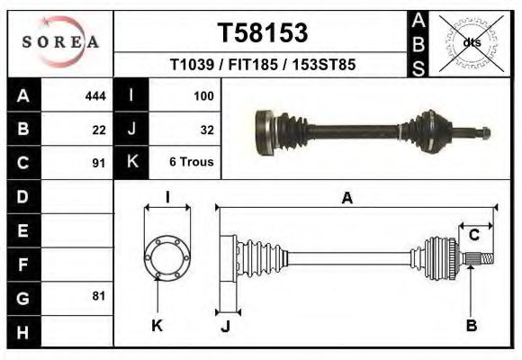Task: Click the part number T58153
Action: click(263, 33)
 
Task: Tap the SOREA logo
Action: click(59, 41)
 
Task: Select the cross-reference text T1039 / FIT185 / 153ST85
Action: click(263, 66)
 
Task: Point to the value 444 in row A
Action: click(95, 95)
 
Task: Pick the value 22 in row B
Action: click(99, 130)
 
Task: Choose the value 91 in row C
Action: click(99, 164)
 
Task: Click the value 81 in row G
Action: click(99, 295)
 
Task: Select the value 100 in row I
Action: click(202, 95)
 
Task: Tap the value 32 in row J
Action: click(206, 130)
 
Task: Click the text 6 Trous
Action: click(192, 164)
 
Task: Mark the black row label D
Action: click(23, 196)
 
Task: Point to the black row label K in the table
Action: click(132, 163)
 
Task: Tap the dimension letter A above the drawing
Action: click(346, 199)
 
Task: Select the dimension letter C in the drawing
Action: click(473, 236)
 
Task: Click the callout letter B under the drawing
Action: click(471, 326)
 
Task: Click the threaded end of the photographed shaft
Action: click(481, 135)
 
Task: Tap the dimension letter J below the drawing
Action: click(226, 327)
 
